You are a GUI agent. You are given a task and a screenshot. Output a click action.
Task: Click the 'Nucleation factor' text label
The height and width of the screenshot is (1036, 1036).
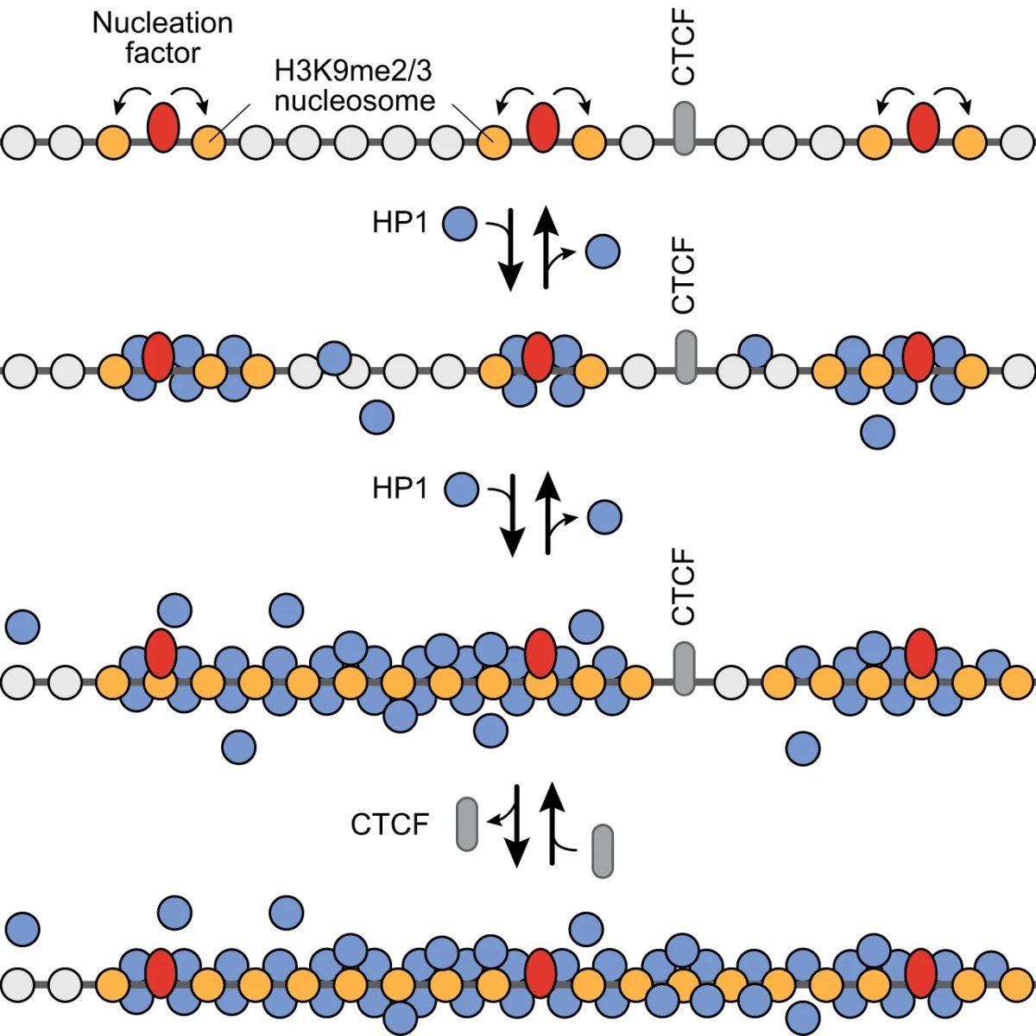[x=162, y=37]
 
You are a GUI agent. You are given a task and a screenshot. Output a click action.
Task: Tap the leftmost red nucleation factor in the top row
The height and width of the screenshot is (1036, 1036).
[x=162, y=128]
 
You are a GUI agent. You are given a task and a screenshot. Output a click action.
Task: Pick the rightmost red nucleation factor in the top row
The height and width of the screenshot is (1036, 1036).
[x=923, y=128]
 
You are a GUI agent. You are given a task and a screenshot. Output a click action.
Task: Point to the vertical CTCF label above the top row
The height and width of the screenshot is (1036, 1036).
[x=683, y=50]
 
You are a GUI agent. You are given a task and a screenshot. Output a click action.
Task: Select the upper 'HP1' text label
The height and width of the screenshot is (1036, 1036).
[x=400, y=223]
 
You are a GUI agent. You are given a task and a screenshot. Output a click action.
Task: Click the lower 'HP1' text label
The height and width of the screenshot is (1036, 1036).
[x=400, y=489]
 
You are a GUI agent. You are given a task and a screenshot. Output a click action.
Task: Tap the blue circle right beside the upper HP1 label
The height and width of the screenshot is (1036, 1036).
[x=459, y=224]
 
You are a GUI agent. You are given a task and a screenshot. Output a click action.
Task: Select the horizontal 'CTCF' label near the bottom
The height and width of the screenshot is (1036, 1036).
[x=389, y=824]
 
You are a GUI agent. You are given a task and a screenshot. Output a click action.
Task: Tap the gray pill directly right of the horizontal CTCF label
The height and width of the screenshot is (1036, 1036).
[x=466, y=824]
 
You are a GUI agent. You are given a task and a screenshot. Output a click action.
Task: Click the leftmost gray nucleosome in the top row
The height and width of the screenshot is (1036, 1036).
[x=19, y=142]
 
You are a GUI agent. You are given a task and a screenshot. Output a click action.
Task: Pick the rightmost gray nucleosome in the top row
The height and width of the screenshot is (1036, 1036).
[x=1017, y=142]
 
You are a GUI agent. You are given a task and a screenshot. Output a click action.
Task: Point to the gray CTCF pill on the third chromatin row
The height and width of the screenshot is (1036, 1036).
[x=683, y=668]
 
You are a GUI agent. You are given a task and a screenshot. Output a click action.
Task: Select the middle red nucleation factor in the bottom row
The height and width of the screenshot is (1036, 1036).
[x=540, y=973]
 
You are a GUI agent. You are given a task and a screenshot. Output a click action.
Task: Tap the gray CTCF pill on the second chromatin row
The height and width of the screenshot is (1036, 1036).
[x=684, y=357]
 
